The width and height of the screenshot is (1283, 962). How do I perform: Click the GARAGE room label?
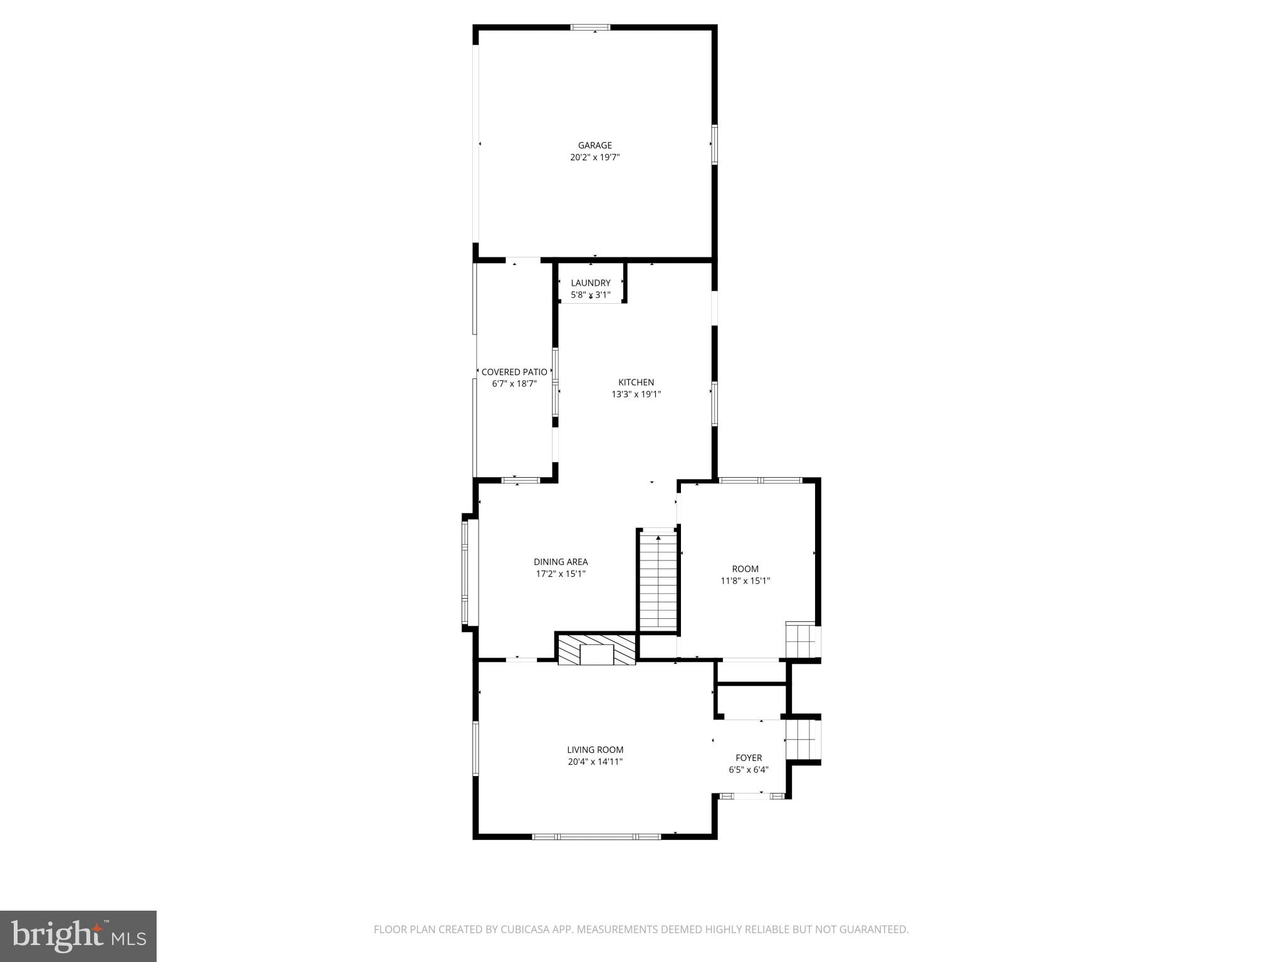pos(595,145)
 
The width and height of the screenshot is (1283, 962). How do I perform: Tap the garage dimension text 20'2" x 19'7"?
pos(595,158)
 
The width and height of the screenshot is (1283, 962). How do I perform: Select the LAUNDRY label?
pos(590,283)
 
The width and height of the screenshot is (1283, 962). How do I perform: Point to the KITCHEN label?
pos(636,382)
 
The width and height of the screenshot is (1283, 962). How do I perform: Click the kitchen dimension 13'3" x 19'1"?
pos(636,395)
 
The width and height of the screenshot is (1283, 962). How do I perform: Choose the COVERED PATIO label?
pos(514,372)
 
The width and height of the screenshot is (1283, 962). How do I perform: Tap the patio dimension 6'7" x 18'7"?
pos(514,384)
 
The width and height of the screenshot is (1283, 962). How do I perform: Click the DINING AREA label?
pos(561,562)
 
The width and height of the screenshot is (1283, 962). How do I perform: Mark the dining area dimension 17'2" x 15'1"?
pos(561,574)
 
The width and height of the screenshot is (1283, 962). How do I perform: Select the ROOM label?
pos(745,569)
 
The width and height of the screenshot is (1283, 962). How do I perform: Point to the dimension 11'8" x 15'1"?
pos(745,581)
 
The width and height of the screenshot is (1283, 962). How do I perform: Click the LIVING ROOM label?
pos(595,750)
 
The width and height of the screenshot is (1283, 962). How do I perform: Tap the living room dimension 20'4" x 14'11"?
pos(595,762)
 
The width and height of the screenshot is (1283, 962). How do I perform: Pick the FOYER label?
pos(749,758)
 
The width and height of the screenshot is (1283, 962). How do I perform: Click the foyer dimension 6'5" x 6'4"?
pos(749,770)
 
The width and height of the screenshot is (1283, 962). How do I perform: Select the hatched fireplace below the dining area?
pos(596,650)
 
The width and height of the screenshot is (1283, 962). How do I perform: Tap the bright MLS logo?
pos(78,936)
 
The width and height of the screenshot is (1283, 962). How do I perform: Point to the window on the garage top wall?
pos(590,28)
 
